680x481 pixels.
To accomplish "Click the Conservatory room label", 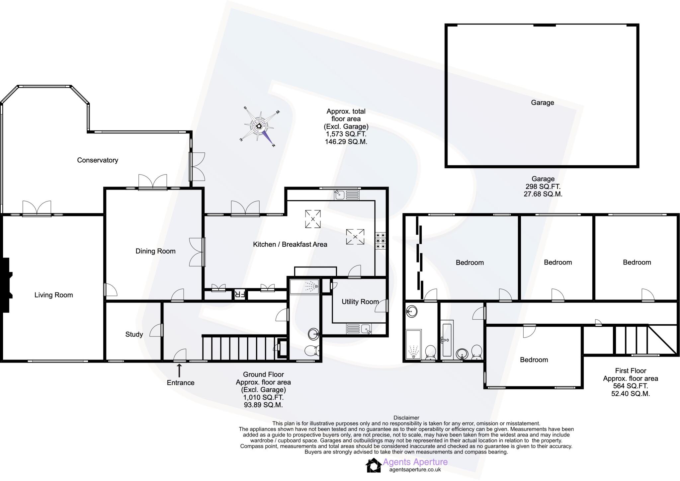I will [x=98, y=160].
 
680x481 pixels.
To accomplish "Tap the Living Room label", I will [x=53, y=295].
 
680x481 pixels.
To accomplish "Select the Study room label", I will [x=134, y=334].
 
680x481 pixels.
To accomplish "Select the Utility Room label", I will [x=360, y=301].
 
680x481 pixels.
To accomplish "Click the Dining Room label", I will [x=155, y=251].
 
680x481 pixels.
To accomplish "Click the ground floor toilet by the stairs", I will [x=312, y=350].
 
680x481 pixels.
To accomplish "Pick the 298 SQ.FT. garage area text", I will [x=543, y=187].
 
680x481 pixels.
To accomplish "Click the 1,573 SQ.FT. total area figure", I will [x=346, y=134].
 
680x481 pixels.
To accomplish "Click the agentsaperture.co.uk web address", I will [x=415, y=470].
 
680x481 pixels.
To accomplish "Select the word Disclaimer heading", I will [x=406, y=418].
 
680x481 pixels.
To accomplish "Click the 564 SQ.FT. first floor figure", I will [x=630, y=386].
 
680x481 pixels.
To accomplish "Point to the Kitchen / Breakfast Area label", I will [x=290, y=244].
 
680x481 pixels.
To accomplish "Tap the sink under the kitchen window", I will [x=340, y=194].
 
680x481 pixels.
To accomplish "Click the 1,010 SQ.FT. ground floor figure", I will [x=263, y=397].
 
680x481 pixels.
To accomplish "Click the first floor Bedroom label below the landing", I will [x=534, y=360].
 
